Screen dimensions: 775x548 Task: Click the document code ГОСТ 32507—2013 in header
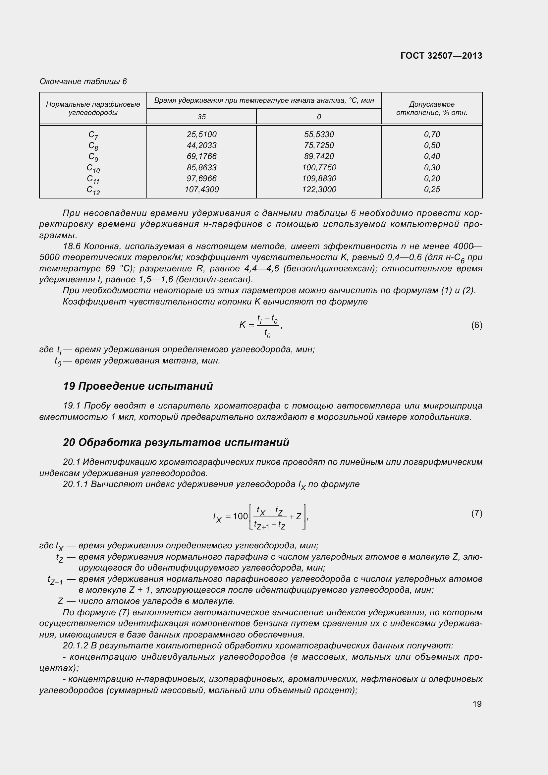pos(441,56)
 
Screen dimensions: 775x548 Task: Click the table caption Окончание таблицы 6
pos(83,82)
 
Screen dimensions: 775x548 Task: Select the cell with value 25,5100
pos(201,134)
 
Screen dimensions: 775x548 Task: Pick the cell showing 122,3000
pos(318,190)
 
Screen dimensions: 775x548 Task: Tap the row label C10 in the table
pos(93,168)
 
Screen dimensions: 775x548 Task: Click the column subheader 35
pos(201,117)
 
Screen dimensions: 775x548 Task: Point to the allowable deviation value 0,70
pos(432,134)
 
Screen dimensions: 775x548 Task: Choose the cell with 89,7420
pos(318,156)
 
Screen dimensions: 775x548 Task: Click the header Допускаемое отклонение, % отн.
pos(432,108)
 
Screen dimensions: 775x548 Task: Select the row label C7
pos(93,135)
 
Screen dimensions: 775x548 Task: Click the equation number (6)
pos(476,325)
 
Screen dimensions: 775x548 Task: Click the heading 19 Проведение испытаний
pos(138,386)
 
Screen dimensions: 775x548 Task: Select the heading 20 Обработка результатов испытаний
pos(176,442)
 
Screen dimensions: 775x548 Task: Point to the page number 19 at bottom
pos(477,704)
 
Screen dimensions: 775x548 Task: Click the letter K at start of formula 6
pos(242,325)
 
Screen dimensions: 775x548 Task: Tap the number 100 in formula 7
pos(240,516)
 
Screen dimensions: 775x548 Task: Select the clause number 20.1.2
pos(75,645)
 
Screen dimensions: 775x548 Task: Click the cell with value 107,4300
pos(201,190)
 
